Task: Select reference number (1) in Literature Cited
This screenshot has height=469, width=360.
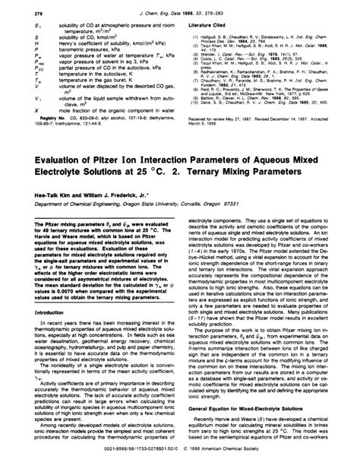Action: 190,34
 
